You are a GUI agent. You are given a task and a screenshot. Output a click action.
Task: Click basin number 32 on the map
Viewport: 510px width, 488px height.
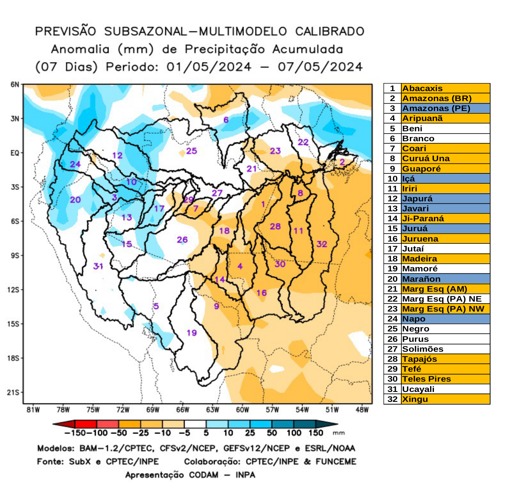[322, 244]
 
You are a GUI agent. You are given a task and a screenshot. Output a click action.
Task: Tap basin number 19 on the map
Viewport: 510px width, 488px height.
[192, 333]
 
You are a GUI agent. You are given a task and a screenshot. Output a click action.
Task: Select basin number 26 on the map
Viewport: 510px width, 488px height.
[182, 240]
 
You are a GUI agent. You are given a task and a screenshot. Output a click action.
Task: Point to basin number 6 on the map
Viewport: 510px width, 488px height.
[226, 120]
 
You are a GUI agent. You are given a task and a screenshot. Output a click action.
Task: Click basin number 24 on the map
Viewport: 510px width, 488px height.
[75, 164]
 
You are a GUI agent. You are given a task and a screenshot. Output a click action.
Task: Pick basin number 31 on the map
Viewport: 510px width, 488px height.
[98, 266]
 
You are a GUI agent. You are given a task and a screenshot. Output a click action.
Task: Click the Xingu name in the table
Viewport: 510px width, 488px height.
[415, 399]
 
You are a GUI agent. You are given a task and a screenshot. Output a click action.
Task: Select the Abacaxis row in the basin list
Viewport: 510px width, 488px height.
[422, 88]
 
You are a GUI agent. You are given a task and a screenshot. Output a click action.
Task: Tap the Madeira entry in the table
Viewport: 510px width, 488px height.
[419, 259]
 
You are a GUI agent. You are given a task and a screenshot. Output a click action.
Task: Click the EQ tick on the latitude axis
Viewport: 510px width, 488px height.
[15, 153]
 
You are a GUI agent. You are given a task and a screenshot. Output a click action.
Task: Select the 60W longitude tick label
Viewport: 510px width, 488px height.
[242, 410]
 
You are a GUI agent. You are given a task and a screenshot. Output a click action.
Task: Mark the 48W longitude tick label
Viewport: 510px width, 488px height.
[362, 410]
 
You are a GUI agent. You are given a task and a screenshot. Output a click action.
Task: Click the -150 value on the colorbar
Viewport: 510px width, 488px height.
[72, 433]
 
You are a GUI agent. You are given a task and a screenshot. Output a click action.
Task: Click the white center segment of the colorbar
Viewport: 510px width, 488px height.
[195, 424]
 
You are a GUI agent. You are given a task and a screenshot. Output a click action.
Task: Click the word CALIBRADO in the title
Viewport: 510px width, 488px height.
[330, 31]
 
